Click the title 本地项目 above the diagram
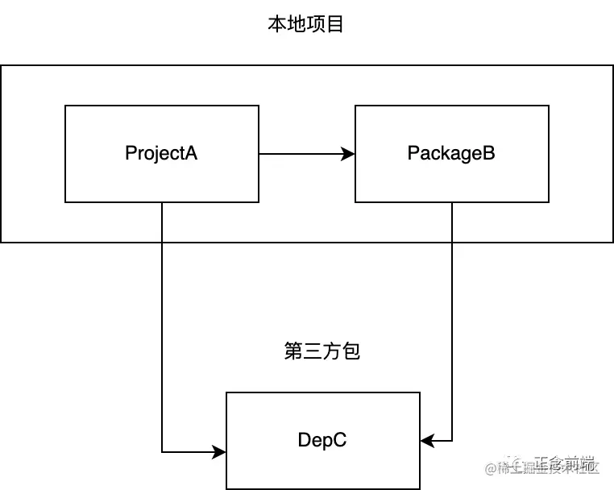305,24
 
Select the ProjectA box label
161,153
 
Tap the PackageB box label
451,153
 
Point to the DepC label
322,440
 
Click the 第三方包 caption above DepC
322,351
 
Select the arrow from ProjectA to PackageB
306,153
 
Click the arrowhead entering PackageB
350,153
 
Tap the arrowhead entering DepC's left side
220,451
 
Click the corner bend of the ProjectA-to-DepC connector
162,451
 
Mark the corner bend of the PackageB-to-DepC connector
451,440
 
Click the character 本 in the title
276,24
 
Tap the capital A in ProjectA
191,153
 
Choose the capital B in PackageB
488,153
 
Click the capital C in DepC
341,440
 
